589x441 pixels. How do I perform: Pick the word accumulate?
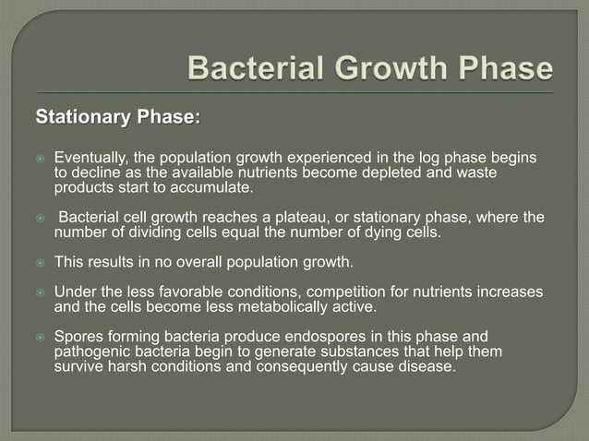coord(212,187)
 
